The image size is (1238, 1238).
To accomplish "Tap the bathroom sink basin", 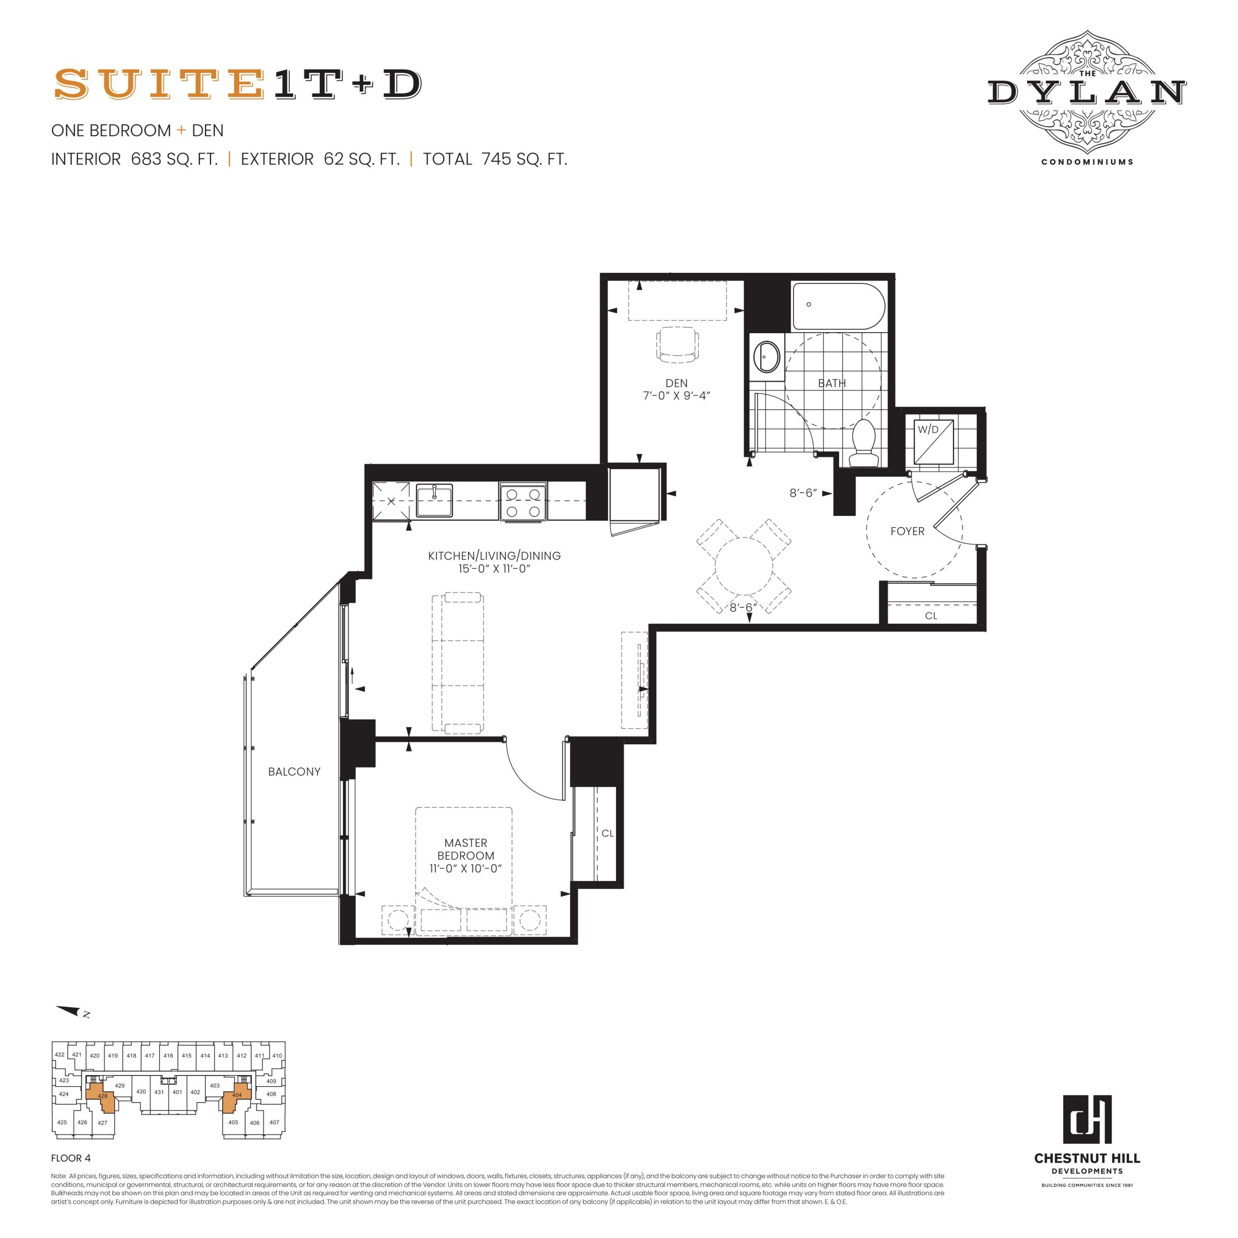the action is coord(766,356).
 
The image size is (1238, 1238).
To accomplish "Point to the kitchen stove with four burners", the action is coord(524,502).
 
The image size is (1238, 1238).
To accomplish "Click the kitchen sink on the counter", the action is coord(434,501).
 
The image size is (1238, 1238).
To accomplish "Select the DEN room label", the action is coord(676,383).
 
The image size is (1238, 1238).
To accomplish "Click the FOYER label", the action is coord(907,531).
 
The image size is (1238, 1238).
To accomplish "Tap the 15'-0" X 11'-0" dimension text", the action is coord(495,569).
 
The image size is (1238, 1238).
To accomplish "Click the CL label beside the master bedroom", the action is coord(607,834).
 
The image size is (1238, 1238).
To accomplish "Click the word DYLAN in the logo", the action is coord(1087,92).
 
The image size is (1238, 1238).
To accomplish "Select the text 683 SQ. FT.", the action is coord(174,159).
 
